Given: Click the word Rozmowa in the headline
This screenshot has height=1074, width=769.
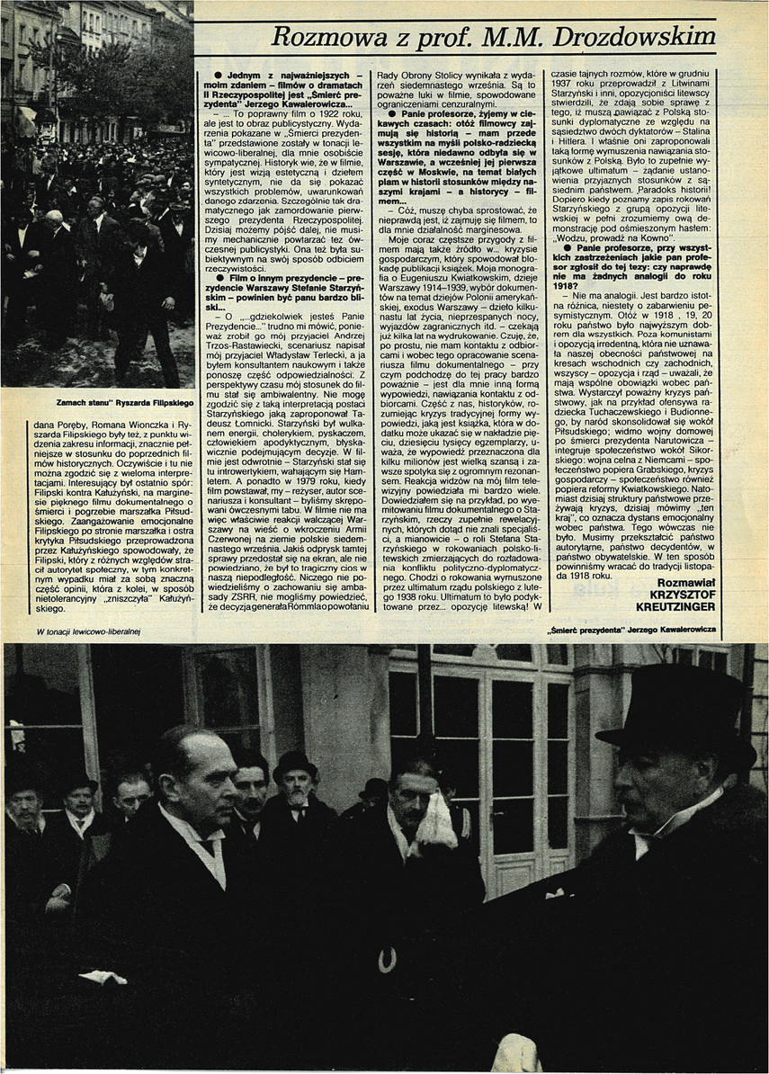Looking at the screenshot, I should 322,36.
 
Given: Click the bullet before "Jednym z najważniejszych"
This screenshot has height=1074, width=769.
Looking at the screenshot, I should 207,72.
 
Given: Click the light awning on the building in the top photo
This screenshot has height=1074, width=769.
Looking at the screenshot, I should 24,122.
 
